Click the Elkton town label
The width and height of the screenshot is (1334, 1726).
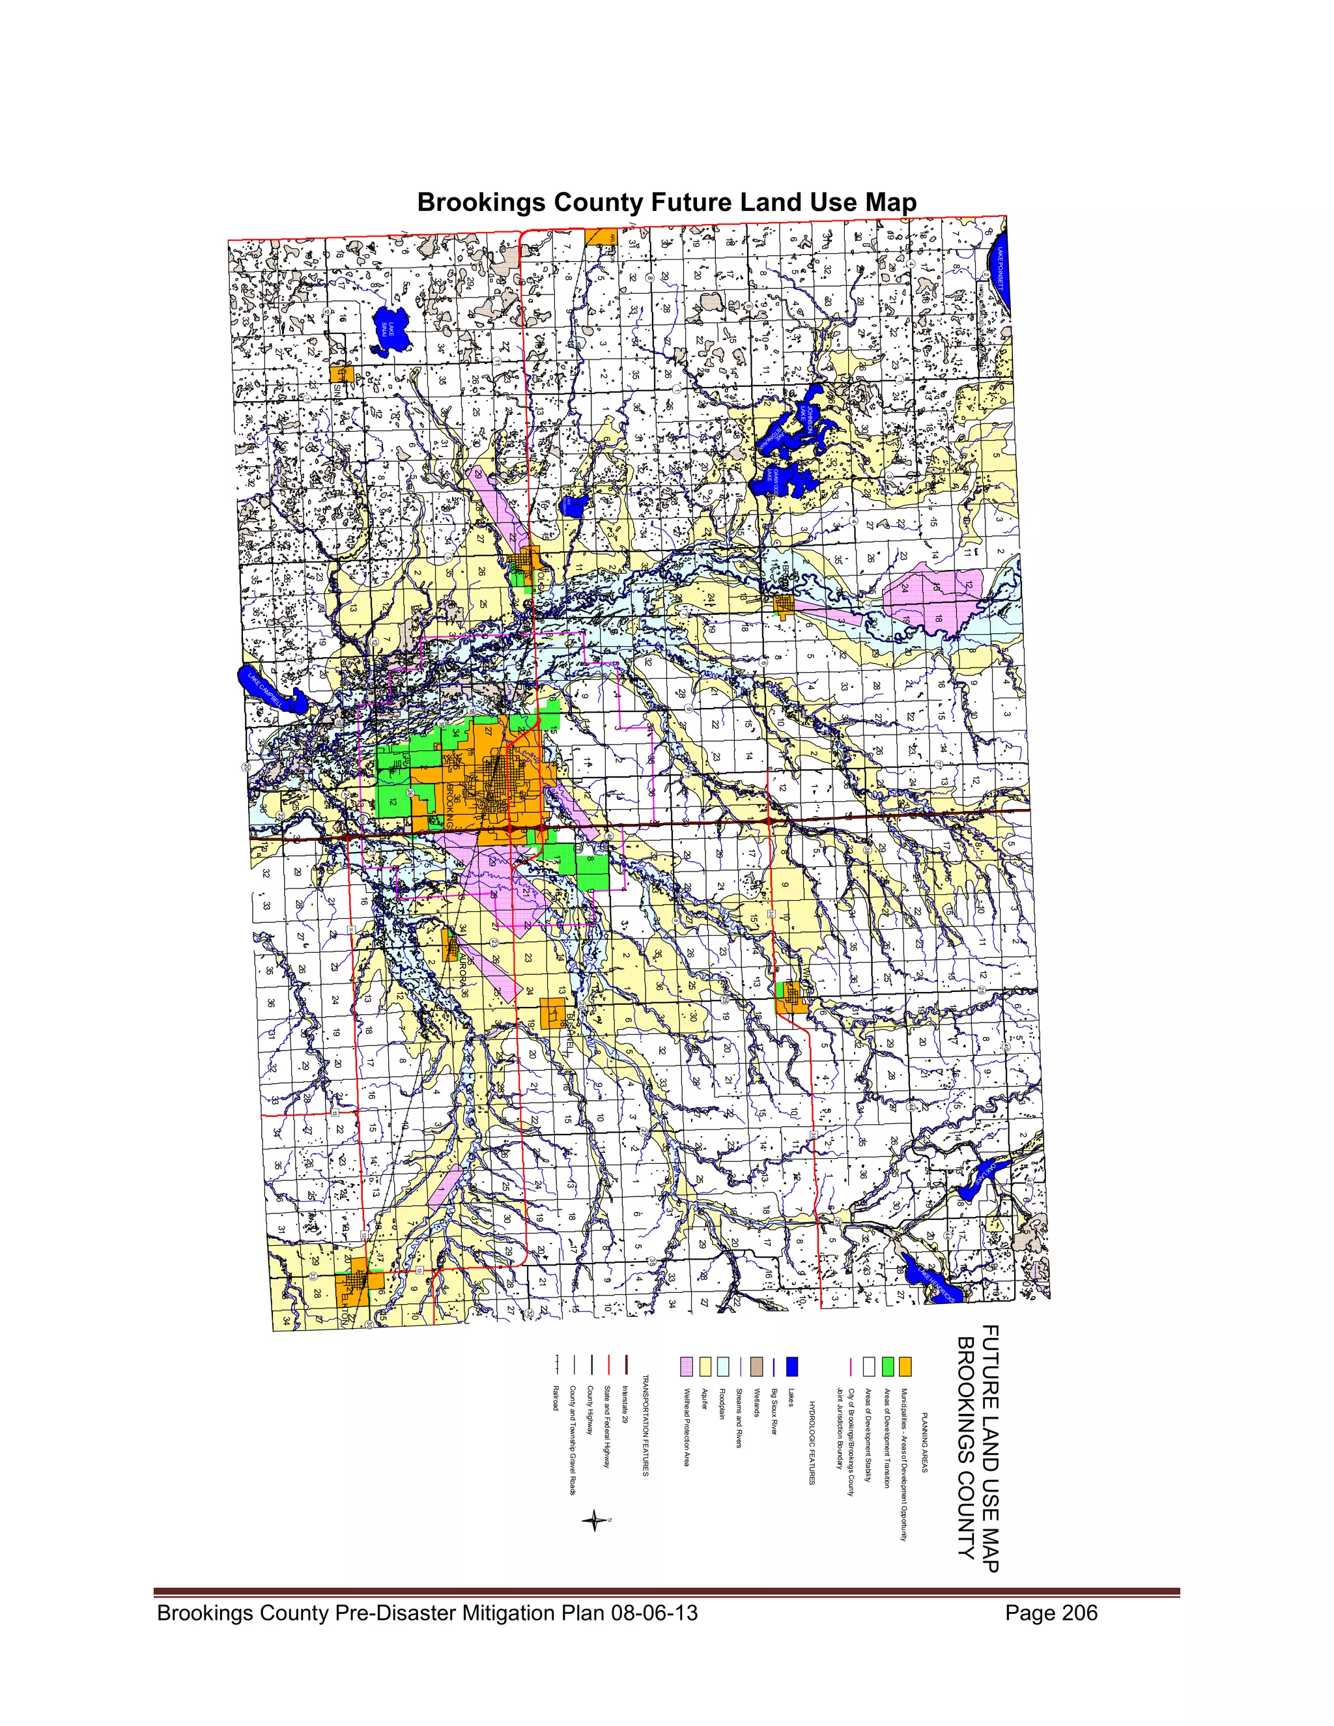click(345, 1305)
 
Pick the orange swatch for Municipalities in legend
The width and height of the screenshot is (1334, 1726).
click(905, 1366)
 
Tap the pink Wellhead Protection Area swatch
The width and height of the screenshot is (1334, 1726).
click(686, 1366)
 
